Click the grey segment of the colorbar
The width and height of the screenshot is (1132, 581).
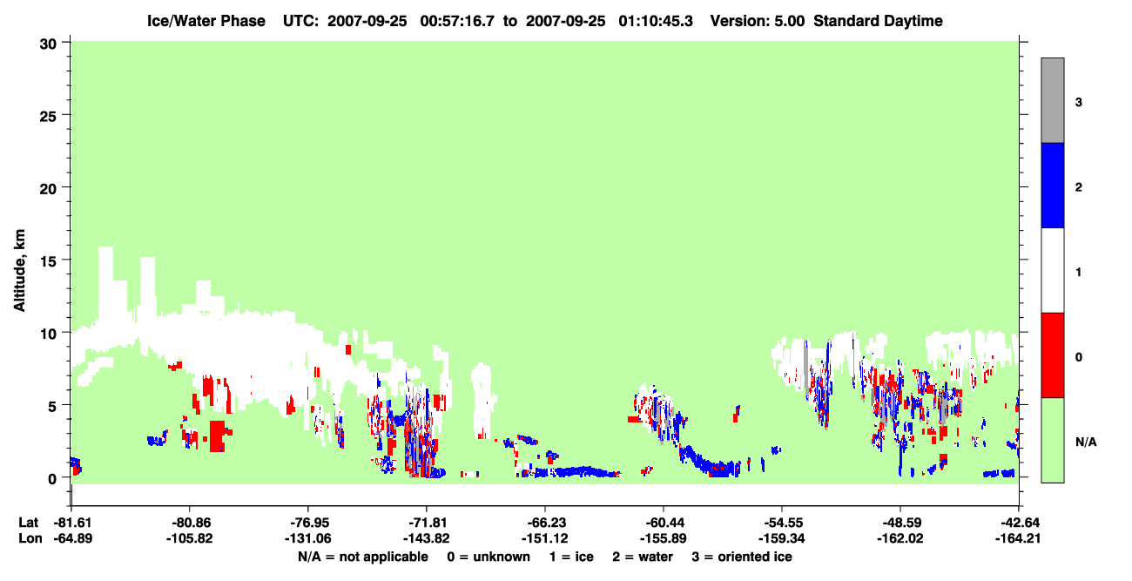1052,100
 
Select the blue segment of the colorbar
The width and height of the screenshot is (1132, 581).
1052,185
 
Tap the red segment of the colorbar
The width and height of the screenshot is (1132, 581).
1052,355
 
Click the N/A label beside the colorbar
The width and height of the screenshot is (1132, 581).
1086,442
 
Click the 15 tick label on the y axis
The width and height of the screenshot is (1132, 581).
48,261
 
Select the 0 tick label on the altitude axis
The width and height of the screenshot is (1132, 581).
52,478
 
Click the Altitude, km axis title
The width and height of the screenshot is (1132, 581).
19,271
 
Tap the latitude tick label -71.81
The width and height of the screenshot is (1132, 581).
427,523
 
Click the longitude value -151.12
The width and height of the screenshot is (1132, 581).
545,538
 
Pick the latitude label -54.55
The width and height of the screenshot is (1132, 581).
782,523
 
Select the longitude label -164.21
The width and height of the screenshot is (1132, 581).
1018,538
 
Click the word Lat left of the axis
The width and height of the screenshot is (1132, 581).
28,523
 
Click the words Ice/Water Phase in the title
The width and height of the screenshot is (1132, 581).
206,21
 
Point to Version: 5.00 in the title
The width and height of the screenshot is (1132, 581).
757,21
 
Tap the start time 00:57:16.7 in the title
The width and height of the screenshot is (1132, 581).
457,21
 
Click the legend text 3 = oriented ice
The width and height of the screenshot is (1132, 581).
742,557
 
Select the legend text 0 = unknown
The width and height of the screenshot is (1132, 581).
489,557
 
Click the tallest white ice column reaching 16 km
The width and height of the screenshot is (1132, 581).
105,283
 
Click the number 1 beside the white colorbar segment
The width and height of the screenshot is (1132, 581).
1078,272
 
